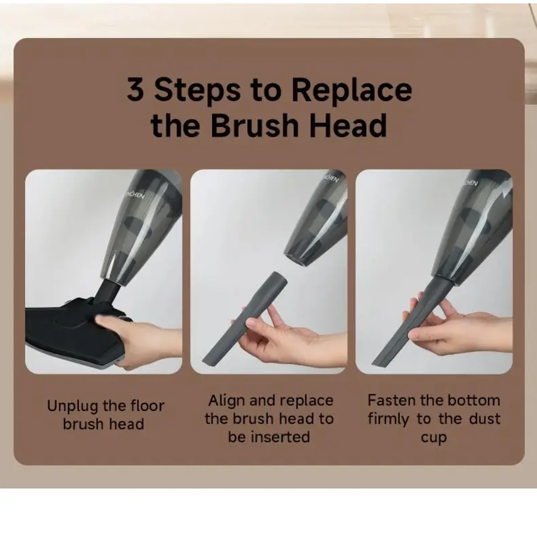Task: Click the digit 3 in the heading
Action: [x=135, y=90]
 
